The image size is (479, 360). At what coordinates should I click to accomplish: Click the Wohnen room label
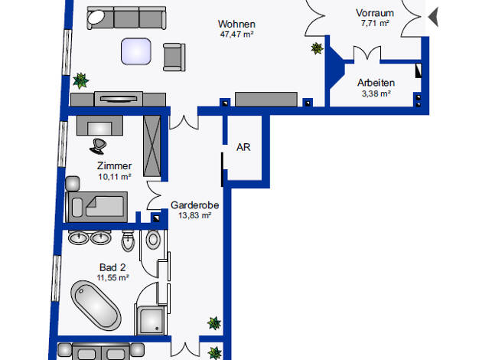click(x=236, y=24)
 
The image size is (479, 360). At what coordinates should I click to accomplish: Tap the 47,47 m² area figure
click(x=236, y=34)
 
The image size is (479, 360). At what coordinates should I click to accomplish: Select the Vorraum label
click(x=375, y=13)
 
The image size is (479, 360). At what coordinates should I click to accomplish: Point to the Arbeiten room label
click(x=376, y=83)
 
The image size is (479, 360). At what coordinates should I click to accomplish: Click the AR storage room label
click(x=243, y=147)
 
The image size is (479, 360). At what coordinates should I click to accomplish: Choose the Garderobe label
click(x=194, y=205)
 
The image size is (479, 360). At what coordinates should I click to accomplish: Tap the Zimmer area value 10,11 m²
click(x=115, y=176)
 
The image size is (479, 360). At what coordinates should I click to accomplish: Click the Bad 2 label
click(x=112, y=267)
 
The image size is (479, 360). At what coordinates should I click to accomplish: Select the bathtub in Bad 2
click(x=96, y=306)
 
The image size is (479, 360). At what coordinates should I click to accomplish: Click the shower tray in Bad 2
click(x=151, y=320)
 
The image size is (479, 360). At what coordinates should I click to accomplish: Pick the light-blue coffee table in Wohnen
click(x=136, y=51)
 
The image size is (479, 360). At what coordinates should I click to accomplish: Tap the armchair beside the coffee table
click(x=174, y=57)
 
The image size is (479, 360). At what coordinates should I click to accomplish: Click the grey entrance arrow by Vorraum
click(x=433, y=17)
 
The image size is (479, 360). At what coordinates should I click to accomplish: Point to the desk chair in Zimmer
click(x=98, y=146)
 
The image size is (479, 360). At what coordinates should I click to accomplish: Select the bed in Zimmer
click(x=96, y=207)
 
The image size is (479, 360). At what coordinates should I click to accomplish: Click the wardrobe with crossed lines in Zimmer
click(x=152, y=146)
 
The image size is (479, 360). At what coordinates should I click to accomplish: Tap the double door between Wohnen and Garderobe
click(x=184, y=122)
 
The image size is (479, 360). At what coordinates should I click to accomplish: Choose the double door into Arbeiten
click(x=367, y=54)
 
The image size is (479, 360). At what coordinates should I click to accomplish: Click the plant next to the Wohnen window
click(x=80, y=80)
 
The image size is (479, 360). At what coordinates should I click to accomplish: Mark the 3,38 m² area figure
click(x=376, y=93)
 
